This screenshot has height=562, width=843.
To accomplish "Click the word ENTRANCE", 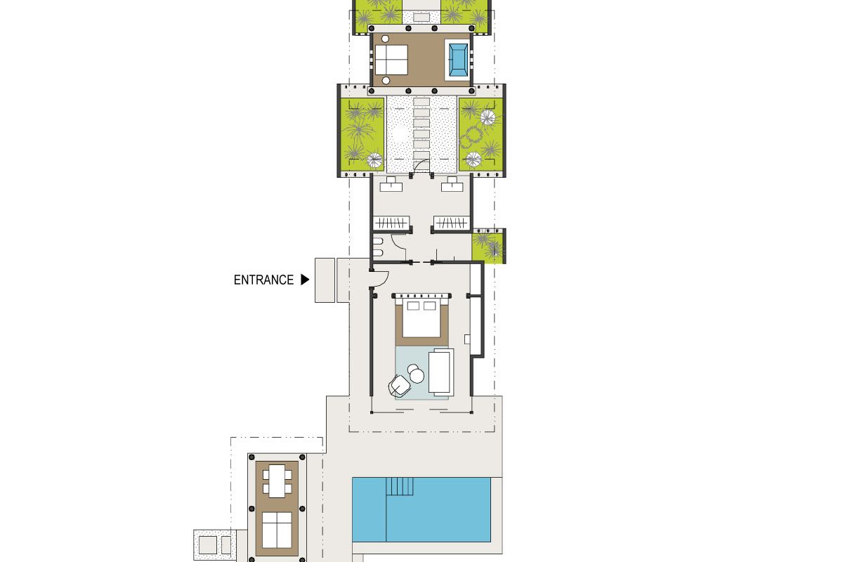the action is (263, 280).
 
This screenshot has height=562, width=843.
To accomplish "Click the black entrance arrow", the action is (305, 280).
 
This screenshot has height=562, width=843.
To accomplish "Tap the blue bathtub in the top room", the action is (458, 60).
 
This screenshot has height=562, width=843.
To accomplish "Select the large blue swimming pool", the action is (421, 509).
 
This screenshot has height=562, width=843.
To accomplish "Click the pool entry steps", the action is (400, 486).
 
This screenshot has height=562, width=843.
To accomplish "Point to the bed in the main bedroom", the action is (421, 318).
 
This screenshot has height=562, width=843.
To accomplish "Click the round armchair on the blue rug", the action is (399, 386).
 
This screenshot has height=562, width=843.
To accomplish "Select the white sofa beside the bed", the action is (441, 372).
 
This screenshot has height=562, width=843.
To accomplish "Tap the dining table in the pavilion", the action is (277, 481).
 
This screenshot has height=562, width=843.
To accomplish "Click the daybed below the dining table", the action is (277, 530).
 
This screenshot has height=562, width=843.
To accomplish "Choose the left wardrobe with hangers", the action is (391, 223).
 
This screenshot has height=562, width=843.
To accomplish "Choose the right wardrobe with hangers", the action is (451, 223).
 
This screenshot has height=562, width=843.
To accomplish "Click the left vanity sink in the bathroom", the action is (391, 185).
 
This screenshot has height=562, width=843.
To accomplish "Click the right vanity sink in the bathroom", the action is (452, 185).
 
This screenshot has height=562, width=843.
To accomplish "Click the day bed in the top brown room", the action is (391, 60).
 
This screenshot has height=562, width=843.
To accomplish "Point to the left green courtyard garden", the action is (362, 134).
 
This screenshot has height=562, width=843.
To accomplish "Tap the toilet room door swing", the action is (398, 243).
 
